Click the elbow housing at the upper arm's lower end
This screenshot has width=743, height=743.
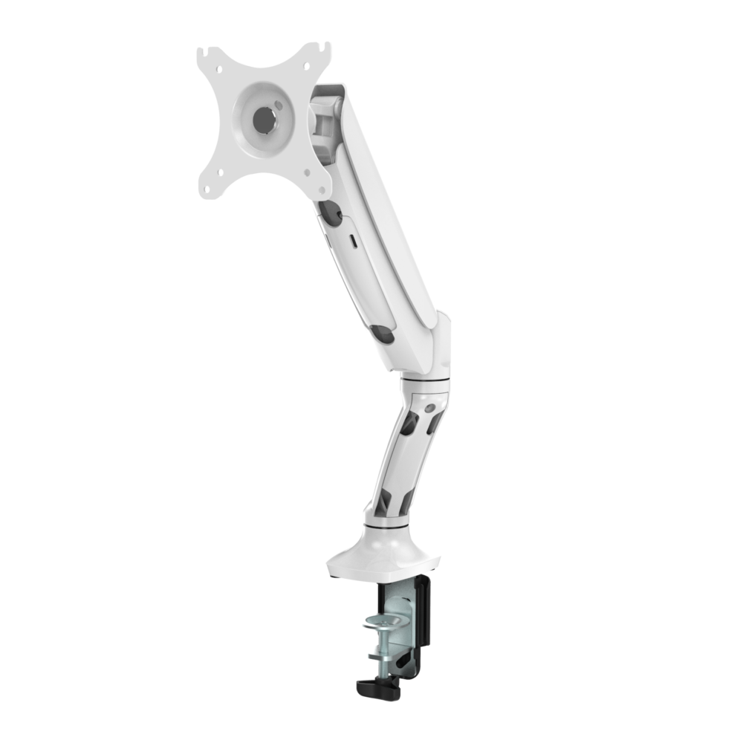(438, 342)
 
